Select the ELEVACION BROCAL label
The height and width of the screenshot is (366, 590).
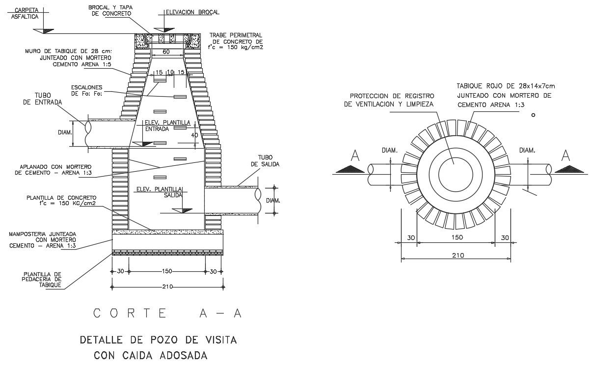coord(192,12)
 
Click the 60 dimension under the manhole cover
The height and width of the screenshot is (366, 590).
coord(166,52)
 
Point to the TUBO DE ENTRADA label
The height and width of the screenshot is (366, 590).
coord(42,99)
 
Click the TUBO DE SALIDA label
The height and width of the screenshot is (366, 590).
coord(265,161)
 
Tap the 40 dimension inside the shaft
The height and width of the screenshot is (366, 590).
coord(195,135)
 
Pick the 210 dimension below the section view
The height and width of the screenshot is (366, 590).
coord(167,287)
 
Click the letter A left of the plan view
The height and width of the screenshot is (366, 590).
coord(356,156)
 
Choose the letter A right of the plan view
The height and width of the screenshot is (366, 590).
coord(566,156)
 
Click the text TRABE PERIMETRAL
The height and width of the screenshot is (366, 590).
coord(236,35)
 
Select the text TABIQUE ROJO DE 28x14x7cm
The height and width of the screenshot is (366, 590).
coord(506,86)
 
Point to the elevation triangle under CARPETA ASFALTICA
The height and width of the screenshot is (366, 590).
coord(47,30)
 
